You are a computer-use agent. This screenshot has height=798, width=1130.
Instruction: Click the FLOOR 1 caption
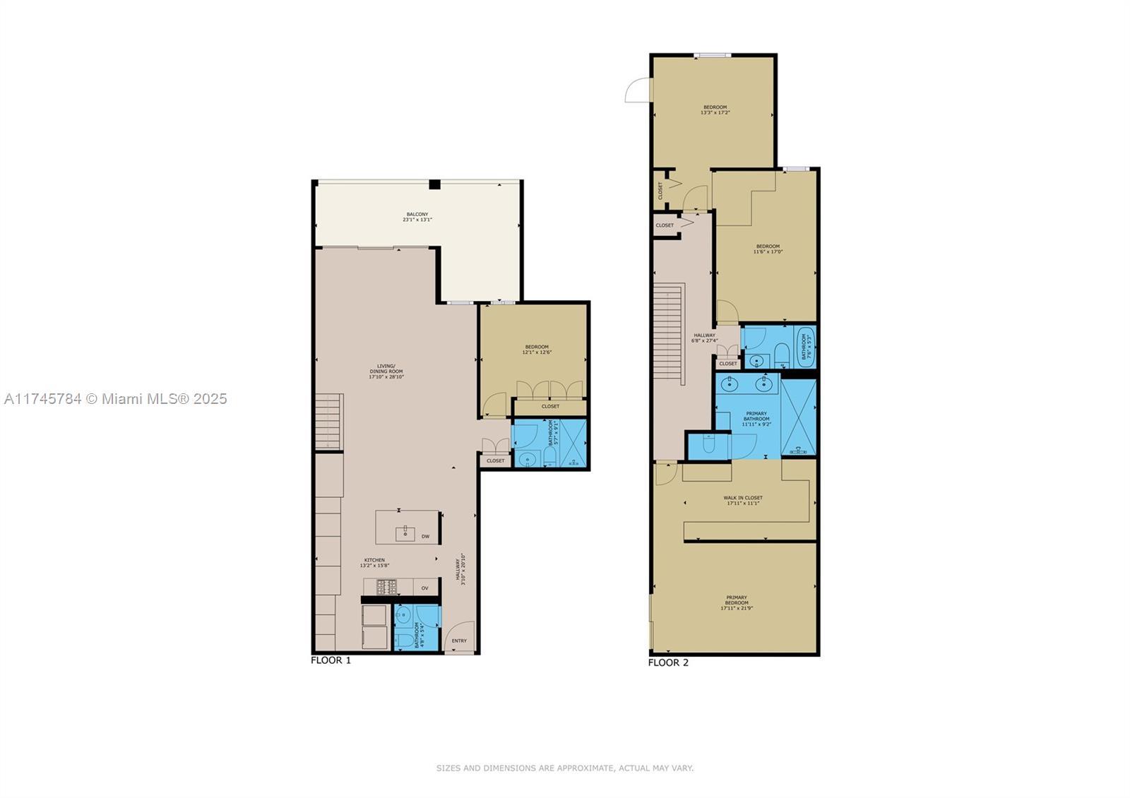[x=331, y=660]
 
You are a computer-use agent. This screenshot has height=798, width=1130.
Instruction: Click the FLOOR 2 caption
[x=668, y=662]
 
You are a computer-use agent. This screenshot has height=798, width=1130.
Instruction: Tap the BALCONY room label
[x=417, y=217]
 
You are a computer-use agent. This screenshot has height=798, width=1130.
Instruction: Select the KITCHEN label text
[x=374, y=562]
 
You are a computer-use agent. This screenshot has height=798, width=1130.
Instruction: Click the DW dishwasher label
[x=425, y=537]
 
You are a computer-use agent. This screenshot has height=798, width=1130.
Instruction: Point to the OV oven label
[x=424, y=588]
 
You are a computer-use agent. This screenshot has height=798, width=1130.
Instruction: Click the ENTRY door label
[x=459, y=641]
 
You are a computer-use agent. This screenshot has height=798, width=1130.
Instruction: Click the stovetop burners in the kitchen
[x=386, y=586]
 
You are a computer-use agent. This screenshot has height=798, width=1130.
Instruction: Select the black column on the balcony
[x=435, y=184]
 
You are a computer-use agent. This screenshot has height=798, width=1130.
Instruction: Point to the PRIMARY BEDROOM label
[x=736, y=602]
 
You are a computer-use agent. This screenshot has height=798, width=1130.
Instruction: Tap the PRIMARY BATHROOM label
[x=756, y=419]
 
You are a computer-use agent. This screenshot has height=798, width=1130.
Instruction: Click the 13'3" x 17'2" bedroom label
[x=715, y=109]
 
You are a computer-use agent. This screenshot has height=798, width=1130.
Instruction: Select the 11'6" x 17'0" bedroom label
[x=768, y=249]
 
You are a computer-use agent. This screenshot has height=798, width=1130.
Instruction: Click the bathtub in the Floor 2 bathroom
[x=805, y=347]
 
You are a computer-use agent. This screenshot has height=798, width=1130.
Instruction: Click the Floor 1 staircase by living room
[x=329, y=421]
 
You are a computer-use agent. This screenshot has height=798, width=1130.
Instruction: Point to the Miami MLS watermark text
[x=116, y=399]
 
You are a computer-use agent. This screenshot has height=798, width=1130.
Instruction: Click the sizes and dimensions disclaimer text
[x=564, y=768]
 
